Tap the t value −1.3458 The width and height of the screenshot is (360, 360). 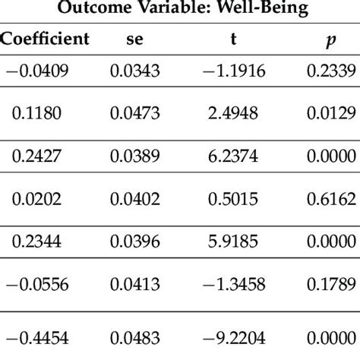coord(235,287)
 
